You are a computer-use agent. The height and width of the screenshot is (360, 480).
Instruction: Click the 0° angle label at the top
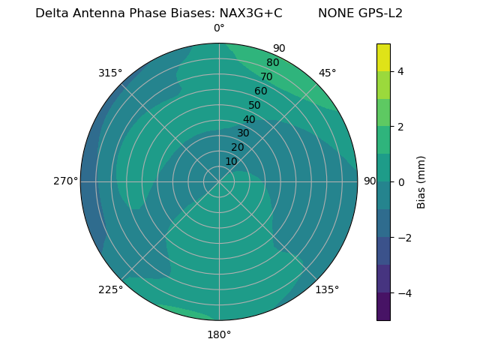coord(219,28)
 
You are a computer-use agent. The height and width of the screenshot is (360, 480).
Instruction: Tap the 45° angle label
coord(328,73)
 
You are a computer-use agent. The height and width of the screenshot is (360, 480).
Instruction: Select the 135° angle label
coord(327,289)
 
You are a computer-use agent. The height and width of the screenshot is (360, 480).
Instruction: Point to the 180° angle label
coord(219,334)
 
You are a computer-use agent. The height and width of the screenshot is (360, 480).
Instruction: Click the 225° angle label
coord(110,289)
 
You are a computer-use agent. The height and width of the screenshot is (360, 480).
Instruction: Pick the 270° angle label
coord(65,181)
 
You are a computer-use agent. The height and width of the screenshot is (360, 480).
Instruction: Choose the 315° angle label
coord(110,73)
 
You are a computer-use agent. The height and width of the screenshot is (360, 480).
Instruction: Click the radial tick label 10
coord(231,161)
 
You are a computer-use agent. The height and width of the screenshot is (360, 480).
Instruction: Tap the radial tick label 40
coord(249,120)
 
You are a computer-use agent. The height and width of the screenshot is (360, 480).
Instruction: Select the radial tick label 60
coord(261,91)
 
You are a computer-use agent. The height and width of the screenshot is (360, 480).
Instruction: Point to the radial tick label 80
coord(273,63)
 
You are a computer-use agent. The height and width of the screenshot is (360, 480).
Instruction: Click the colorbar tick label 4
coord(400,71)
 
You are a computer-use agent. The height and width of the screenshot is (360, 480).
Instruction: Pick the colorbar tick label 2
coord(400,127)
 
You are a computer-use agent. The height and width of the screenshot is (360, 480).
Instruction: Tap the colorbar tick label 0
coord(400,182)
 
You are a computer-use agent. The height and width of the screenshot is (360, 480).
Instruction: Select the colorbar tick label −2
coord(403,238)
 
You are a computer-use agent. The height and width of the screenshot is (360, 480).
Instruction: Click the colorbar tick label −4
coord(403,293)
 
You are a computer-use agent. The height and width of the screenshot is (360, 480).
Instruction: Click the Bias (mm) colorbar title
coord(421,182)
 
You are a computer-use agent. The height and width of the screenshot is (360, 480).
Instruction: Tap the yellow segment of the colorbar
coord(383,57)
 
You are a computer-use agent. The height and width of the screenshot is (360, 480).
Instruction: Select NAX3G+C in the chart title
coord(250,13)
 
